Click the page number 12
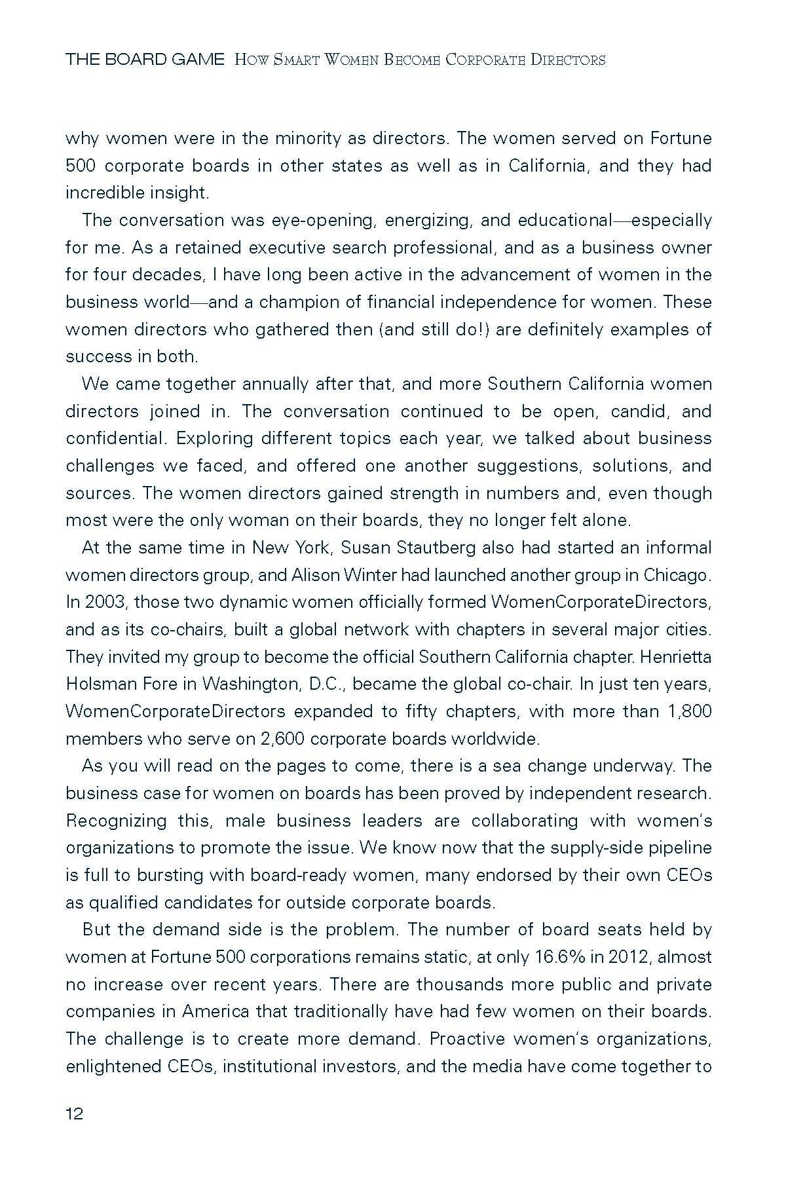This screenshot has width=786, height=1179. tap(75, 1114)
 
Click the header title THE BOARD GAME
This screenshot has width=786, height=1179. tap(145, 60)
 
